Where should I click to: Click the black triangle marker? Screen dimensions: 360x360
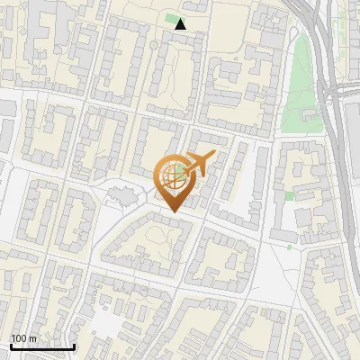[x=180, y=24]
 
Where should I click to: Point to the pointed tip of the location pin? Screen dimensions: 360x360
[x=172, y=212]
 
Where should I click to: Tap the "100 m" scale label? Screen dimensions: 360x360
[x=23, y=338]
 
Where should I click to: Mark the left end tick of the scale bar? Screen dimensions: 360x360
[x=11, y=346]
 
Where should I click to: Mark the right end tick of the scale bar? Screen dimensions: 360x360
[x=74, y=346]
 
